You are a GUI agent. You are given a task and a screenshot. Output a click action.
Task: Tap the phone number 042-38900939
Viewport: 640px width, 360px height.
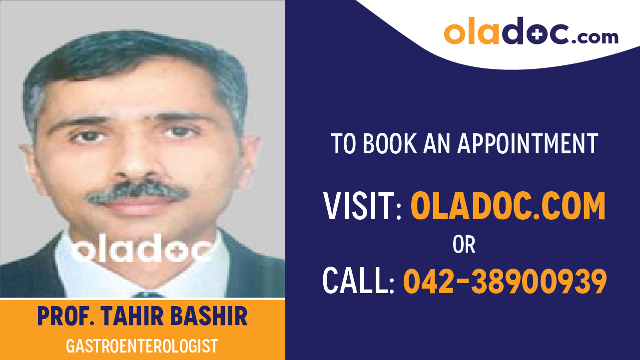505,281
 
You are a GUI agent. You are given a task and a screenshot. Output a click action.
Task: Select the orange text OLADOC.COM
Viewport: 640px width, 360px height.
508,206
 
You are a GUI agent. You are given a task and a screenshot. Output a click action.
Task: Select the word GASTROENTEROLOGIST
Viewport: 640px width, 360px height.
142,346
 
